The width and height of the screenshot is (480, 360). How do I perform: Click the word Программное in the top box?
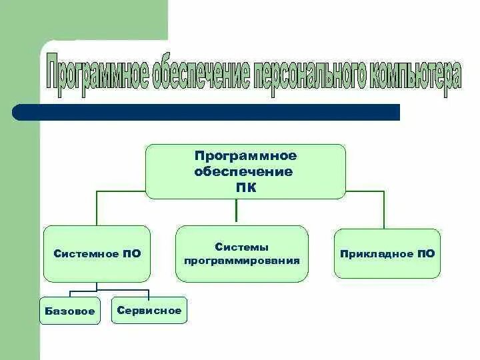click(x=245, y=155)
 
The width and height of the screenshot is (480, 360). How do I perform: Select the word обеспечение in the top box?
click(x=243, y=171)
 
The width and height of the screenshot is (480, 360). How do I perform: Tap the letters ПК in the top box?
click(x=245, y=188)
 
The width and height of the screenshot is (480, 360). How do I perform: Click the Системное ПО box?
click(x=97, y=254)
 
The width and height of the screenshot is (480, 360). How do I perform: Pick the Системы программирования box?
click(x=242, y=253)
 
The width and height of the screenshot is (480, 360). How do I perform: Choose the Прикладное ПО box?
click(x=387, y=253)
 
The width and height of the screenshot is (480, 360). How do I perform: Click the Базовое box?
click(x=70, y=311)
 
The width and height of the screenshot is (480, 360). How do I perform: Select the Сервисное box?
click(x=149, y=310)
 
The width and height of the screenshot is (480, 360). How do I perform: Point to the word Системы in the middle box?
click(x=241, y=247)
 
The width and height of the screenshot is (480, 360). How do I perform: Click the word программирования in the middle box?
click(x=242, y=260)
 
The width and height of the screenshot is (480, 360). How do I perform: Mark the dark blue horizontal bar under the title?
click(x=207, y=112)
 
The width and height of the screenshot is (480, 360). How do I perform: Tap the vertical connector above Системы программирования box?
click(x=237, y=211)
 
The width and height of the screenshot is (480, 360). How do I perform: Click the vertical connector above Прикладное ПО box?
click(x=384, y=210)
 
